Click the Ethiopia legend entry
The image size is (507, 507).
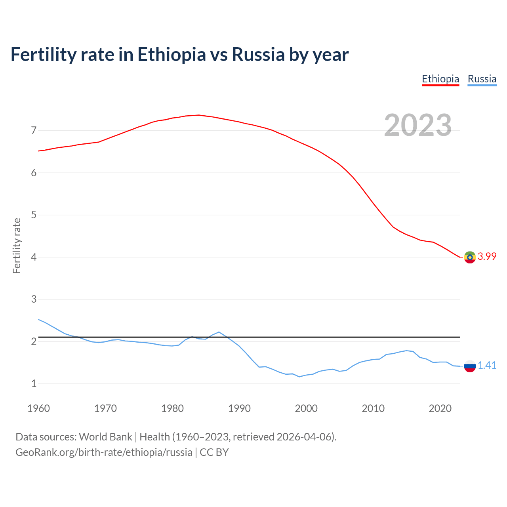pyautogui.click(x=440, y=79)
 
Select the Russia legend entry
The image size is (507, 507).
pyautogui.click(x=482, y=79)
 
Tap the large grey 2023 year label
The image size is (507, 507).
pyautogui.click(x=417, y=125)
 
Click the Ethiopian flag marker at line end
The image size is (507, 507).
pyautogui.click(x=470, y=257)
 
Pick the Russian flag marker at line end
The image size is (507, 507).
pyautogui.click(x=470, y=366)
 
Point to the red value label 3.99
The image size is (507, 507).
pyautogui.click(x=487, y=257)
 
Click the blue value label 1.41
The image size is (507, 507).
pyautogui.click(x=487, y=366)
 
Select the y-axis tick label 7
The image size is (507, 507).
pyautogui.click(x=34, y=130)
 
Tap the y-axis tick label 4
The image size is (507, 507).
pyautogui.click(x=34, y=257)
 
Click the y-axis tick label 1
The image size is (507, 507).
pyautogui.click(x=34, y=383)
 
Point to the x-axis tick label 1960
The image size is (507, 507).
pyautogui.click(x=38, y=408)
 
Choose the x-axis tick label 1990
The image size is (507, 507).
pyautogui.click(x=239, y=408)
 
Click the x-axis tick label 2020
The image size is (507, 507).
pyautogui.click(x=440, y=408)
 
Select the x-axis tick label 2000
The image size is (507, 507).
pyautogui.click(x=306, y=408)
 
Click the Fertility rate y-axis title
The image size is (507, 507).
pyautogui.click(x=17, y=246)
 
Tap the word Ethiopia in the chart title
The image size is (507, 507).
pyautogui.click(x=172, y=55)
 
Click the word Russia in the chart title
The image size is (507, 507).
pyautogui.click(x=258, y=55)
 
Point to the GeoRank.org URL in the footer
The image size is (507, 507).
pyautogui.click(x=104, y=452)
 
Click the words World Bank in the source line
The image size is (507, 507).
pyautogui.click(x=105, y=437)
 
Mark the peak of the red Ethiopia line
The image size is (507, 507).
pyautogui.click(x=198, y=115)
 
